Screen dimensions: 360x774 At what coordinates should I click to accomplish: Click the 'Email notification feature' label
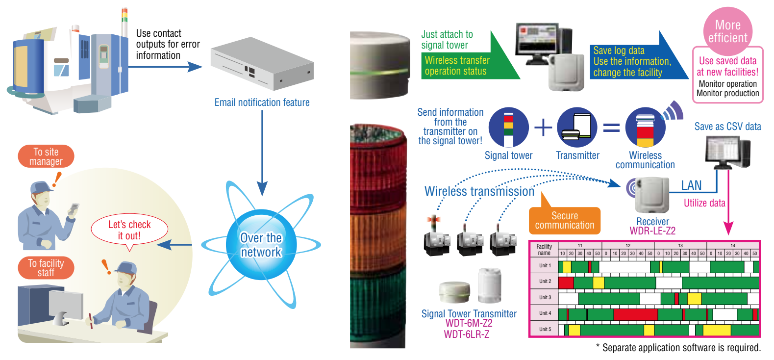262,103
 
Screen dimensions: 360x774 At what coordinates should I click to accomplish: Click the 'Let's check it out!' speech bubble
129,230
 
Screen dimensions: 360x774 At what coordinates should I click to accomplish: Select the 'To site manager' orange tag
46,156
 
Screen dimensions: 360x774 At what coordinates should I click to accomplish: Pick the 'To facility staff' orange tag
46,268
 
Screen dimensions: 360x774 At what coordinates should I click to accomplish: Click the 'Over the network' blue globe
261,245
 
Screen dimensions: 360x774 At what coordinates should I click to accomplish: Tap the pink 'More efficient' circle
727,31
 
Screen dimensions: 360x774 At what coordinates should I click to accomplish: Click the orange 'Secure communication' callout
564,221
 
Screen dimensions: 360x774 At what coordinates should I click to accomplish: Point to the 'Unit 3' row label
545,297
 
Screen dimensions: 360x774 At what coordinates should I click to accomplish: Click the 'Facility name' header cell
544,250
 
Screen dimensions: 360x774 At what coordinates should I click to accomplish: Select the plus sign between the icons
543,128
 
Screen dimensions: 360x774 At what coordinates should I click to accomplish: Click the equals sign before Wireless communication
611,128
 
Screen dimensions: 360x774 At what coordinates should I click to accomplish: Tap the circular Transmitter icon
577,128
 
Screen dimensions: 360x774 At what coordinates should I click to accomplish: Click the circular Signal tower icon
509,128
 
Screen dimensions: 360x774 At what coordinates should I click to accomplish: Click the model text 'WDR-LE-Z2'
652,231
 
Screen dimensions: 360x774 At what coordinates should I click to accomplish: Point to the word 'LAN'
691,185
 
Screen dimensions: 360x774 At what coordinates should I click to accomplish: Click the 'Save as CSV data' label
727,127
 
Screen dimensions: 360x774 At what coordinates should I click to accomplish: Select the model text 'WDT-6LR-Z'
466,334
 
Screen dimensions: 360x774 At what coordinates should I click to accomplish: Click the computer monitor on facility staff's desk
66,305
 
